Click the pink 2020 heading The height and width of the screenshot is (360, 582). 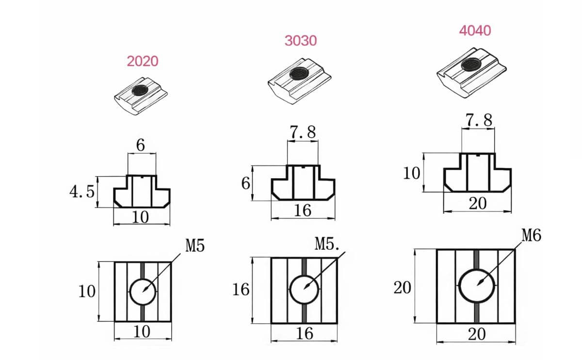pyautogui.click(x=143, y=61)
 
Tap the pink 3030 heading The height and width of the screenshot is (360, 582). pyautogui.click(x=301, y=41)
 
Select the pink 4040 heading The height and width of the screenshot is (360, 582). pyautogui.click(x=475, y=31)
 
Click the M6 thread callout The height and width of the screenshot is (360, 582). pyautogui.click(x=532, y=237)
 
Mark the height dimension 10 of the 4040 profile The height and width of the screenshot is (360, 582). pyautogui.click(x=411, y=173)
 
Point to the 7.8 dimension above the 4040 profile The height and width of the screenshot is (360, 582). pyautogui.click(x=478, y=120)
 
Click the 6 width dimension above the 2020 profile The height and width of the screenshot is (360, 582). pyautogui.click(x=141, y=145)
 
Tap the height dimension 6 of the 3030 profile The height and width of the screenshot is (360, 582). pyautogui.click(x=245, y=183)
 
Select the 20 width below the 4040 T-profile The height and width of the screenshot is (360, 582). pyautogui.click(x=477, y=204)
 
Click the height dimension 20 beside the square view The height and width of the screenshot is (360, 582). pyautogui.click(x=402, y=288)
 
